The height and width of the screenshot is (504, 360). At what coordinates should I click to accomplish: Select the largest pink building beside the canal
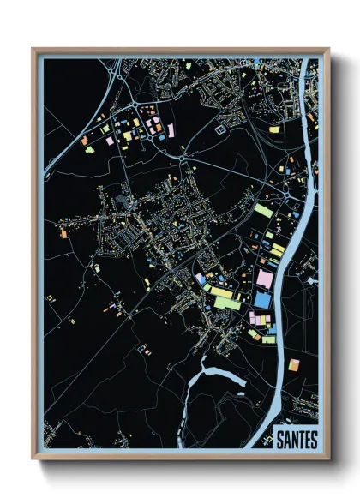click(x=264, y=278)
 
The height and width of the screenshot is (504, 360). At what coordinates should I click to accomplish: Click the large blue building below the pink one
click(x=262, y=298)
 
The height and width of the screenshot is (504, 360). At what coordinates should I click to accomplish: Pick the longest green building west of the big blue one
click(x=222, y=292)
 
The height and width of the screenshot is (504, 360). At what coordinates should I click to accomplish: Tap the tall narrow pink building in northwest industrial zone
click(x=171, y=130)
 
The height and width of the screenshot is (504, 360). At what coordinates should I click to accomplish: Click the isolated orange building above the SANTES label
click(x=294, y=365)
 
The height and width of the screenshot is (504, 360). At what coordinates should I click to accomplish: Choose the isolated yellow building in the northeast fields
click(x=274, y=129)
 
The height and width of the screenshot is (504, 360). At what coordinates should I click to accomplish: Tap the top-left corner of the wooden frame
click(x=34, y=51)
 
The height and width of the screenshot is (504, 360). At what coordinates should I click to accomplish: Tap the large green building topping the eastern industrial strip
click(x=263, y=210)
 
